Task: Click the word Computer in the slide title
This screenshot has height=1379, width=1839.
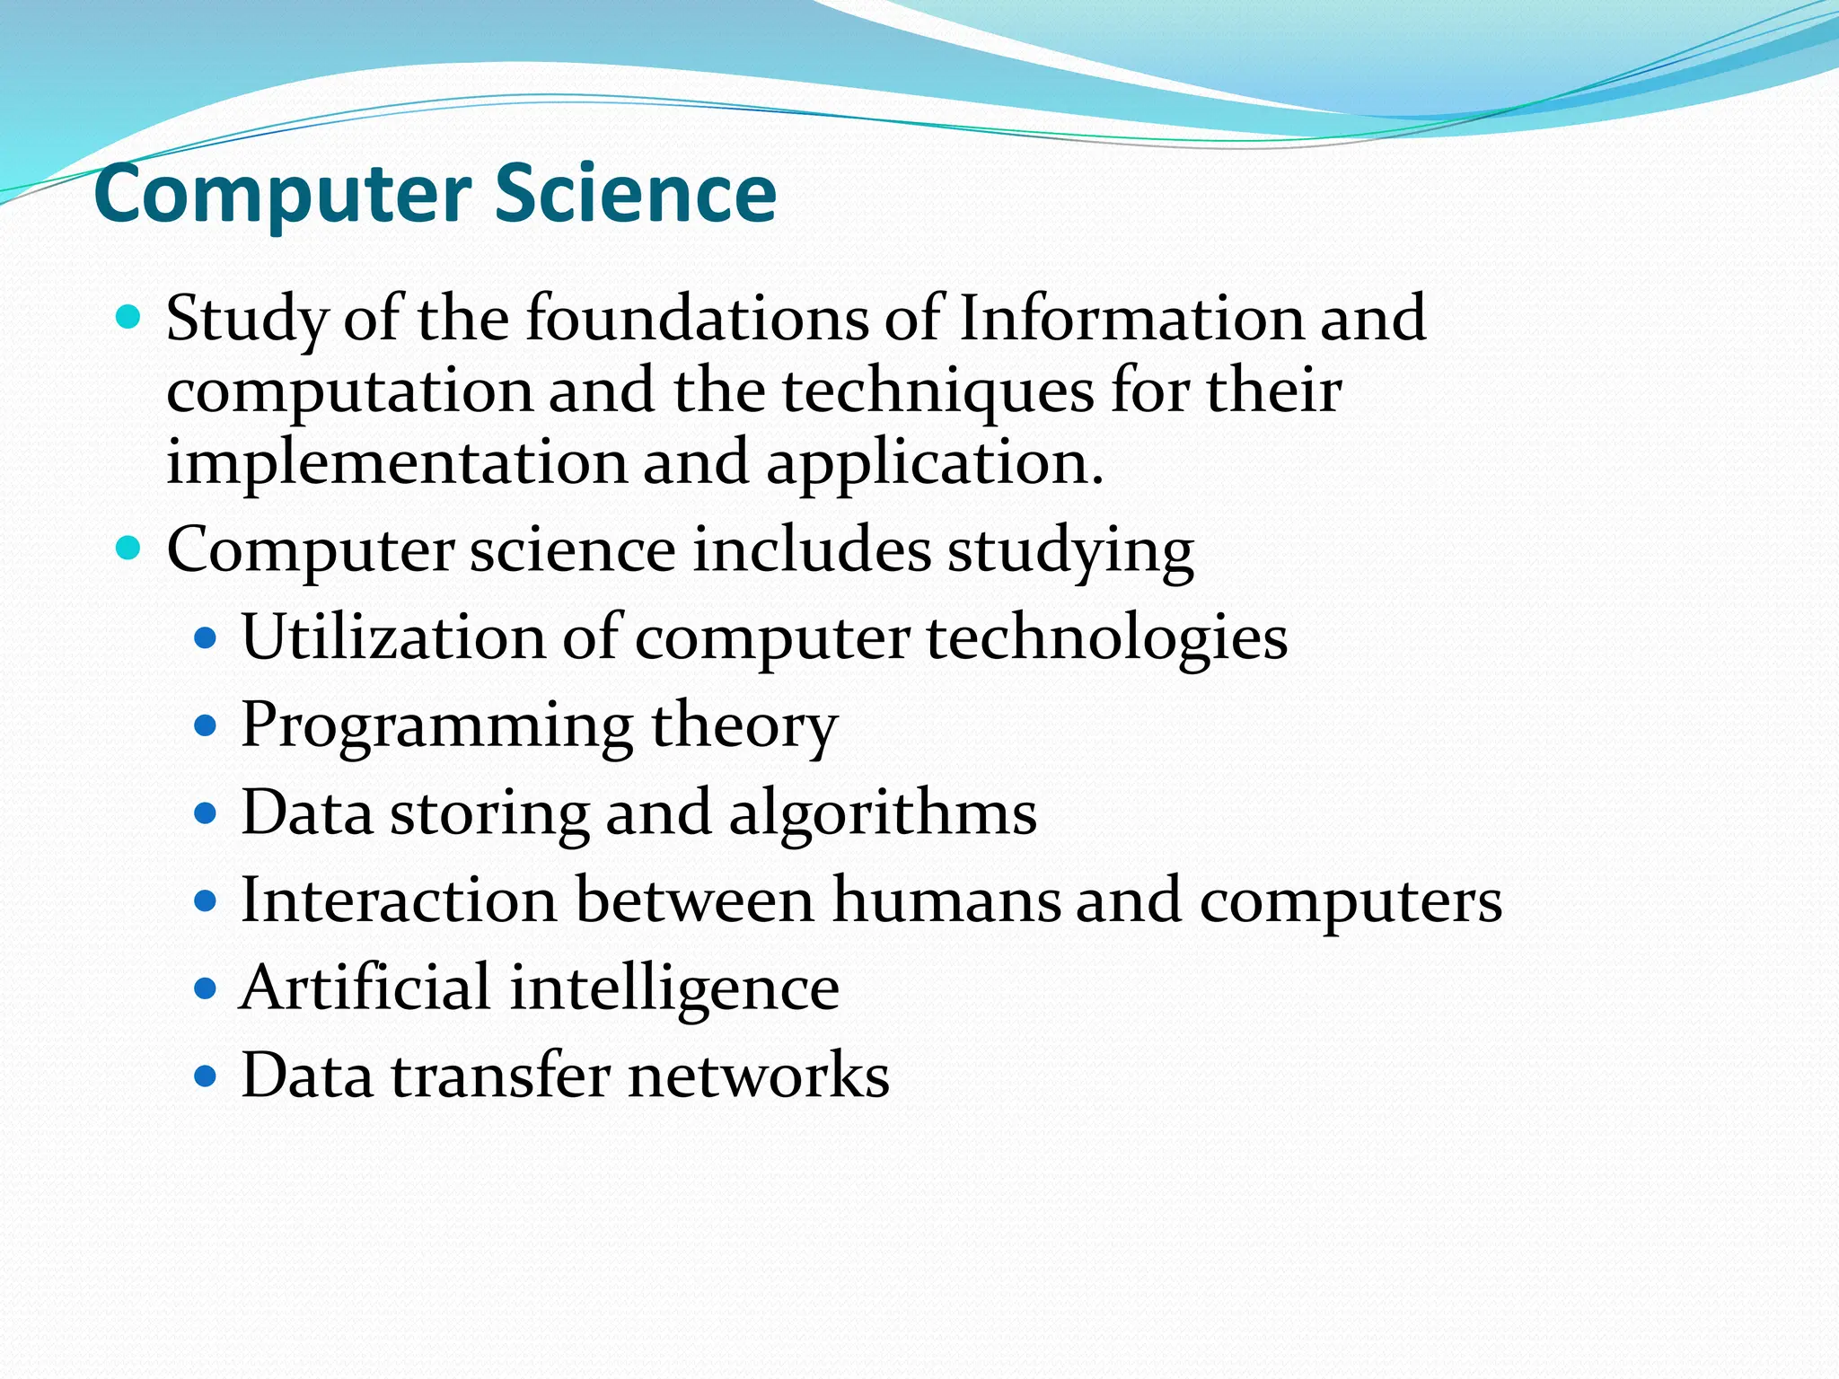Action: pyautogui.click(x=283, y=196)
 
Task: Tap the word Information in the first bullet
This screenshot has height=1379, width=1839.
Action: pyautogui.click(x=1130, y=319)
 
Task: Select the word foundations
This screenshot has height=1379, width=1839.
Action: pyautogui.click(x=697, y=319)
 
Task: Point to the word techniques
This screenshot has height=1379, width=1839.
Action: pyautogui.click(x=937, y=392)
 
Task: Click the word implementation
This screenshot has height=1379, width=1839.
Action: pyautogui.click(x=396, y=464)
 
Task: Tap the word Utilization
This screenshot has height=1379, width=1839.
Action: pyautogui.click(x=393, y=637)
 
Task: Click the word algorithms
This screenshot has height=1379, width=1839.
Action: pyautogui.click(x=882, y=813)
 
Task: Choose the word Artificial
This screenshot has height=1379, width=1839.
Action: pyautogui.click(x=365, y=988)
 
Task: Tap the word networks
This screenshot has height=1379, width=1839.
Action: pyautogui.click(x=759, y=1076)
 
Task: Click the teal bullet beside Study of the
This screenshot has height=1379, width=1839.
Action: pyautogui.click(x=129, y=317)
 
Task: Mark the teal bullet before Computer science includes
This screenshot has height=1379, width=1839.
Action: pyautogui.click(x=129, y=548)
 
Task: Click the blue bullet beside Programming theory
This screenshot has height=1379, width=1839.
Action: pyautogui.click(x=206, y=725)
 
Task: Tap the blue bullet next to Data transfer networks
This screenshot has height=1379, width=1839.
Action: pyautogui.click(x=206, y=1076)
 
